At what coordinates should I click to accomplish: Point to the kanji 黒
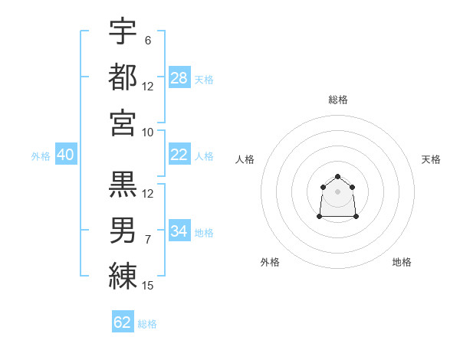coord(123,184)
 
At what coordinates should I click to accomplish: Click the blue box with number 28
coord(179,77)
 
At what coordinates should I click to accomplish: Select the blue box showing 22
coord(179,155)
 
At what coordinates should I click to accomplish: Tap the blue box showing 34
coord(179,231)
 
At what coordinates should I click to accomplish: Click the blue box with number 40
coord(65,155)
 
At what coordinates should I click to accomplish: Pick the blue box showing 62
coord(123,322)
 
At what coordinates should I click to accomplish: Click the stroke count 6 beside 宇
coord(148,40)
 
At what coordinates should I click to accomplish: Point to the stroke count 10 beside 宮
coord(148,132)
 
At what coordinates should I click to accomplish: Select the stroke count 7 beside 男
coord(148,240)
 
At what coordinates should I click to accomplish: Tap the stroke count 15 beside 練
coord(148,286)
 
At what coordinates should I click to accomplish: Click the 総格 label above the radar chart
coord(338,100)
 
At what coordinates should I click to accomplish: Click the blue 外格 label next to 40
coord(41,155)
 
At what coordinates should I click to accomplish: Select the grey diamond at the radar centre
coord(337,191)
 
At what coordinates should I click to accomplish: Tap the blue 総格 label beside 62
coord(148,324)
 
